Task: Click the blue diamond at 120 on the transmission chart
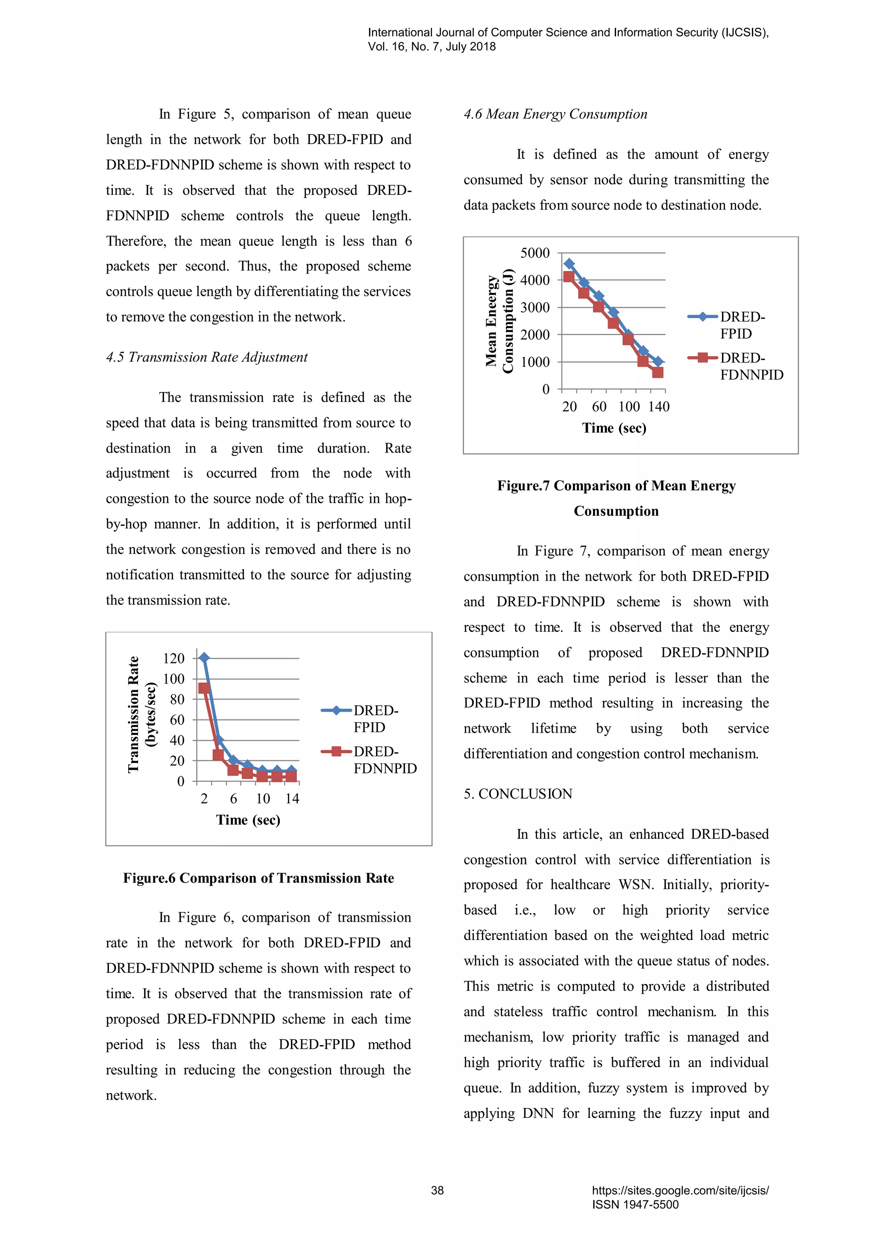[204, 657]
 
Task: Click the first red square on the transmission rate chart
[204, 688]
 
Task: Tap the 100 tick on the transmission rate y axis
[173, 679]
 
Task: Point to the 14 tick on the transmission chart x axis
[292, 799]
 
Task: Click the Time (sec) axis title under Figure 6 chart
[248, 820]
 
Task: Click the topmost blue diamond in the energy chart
[569, 264]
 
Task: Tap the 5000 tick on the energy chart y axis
[534, 253]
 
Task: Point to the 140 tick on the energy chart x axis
[658, 407]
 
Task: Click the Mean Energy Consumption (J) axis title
[499, 321]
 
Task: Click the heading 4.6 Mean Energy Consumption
[555, 114]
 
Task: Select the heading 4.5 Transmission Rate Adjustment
[206, 357]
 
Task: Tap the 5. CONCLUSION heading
[518, 794]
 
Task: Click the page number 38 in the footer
[437, 1191]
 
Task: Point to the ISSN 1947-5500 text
[635, 1205]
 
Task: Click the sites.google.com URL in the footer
[680, 1191]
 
